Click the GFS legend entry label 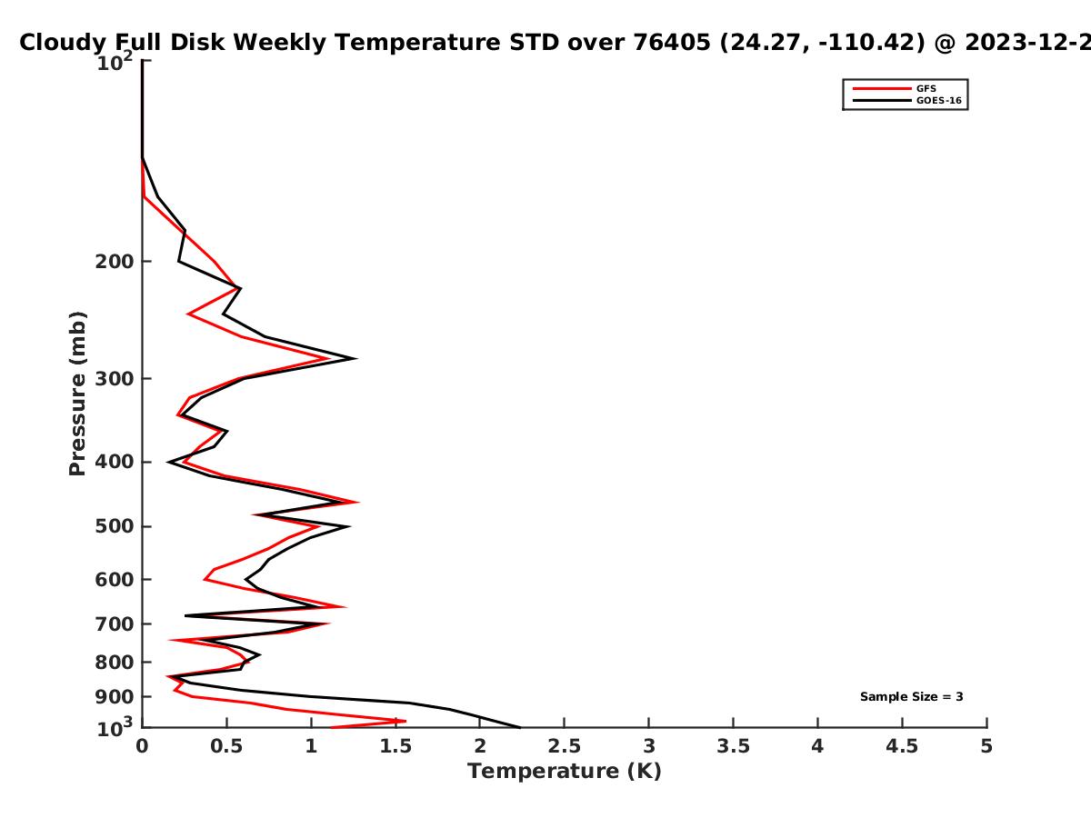pyautogui.click(x=926, y=89)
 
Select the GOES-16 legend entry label pyautogui.click(x=938, y=101)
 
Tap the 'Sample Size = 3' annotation pyautogui.click(x=912, y=697)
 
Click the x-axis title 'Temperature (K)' pyautogui.click(x=565, y=772)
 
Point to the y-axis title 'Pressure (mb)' pyautogui.click(x=77, y=394)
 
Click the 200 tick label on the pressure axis pyautogui.click(x=115, y=261)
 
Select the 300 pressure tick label pyautogui.click(x=115, y=379)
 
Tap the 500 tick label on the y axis pyautogui.click(x=115, y=526)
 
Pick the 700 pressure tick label pyautogui.click(x=115, y=624)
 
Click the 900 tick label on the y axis pyautogui.click(x=115, y=697)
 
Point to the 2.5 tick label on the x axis pyautogui.click(x=565, y=746)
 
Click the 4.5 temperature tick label pyautogui.click(x=902, y=746)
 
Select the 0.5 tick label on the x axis pyautogui.click(x=226, y=746)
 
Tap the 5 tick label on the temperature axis pyautogui.click(x=986, y=746)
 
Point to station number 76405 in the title pyautogui.click(x=672, y=42)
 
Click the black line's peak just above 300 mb pyautogui.click(x=355, y=359)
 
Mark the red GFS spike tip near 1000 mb pyautogui.click(x=405, y=721)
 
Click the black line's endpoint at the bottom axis pyautogui.click(x=520, y=728)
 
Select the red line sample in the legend pyautogui.click(x=882, y=89)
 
